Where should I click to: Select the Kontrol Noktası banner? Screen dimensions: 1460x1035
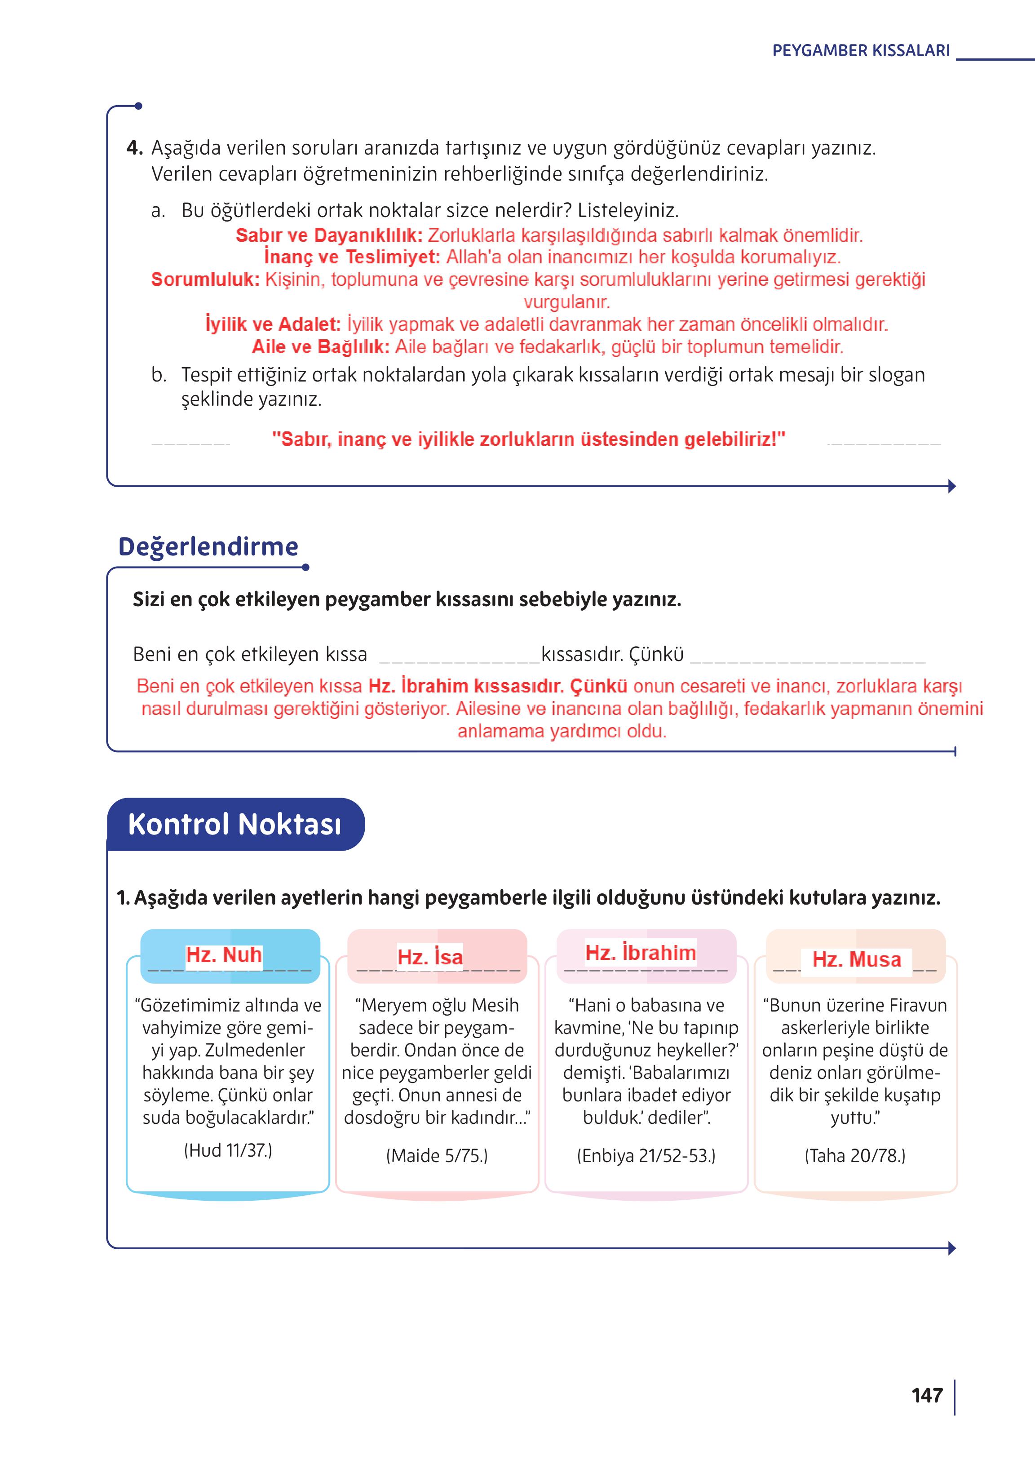point(234,824)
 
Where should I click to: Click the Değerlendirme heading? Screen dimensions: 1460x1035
point(208,546)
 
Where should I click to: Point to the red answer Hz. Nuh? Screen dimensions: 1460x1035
point(224,955)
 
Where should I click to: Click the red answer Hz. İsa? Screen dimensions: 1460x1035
point(430,957)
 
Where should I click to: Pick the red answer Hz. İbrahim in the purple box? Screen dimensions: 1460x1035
point(641,953)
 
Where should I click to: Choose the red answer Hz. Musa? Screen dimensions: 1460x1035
point(857,959)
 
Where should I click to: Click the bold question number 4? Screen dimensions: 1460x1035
point(134,148)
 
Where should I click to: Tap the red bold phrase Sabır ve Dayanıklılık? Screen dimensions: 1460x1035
point(329,235)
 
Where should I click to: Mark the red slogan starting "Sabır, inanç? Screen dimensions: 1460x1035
point(528,439)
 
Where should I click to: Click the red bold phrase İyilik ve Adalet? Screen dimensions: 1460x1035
point(273,324)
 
